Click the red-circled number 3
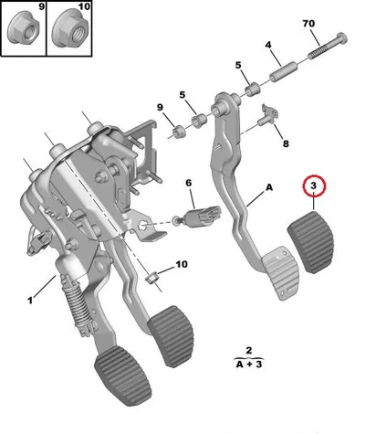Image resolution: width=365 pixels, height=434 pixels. (x=314, y=185)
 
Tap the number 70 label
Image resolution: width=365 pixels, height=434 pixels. (x=308, y=24)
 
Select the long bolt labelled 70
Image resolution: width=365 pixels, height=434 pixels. (x=328, y=46)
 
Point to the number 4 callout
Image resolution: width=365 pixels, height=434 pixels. (x=268, y=45)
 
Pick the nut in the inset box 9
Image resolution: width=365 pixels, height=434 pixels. (x=23, y=29)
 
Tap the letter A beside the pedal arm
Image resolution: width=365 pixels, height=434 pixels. (x=269, y=187)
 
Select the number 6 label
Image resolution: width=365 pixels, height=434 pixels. (x=189, y=183)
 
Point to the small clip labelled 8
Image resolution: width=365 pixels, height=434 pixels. (x=267, y=116)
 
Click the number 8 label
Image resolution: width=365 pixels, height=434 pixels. (x=286, y=143)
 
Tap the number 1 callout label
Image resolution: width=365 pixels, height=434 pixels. (x=30, y=301)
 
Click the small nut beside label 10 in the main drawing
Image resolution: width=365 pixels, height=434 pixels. (x=151, y=278)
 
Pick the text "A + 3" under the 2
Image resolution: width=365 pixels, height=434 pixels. (x=249, y=364)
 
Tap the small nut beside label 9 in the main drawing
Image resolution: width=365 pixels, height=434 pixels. (x=178, y=132)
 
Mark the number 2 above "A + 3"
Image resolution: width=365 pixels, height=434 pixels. (x=249, y=350)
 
